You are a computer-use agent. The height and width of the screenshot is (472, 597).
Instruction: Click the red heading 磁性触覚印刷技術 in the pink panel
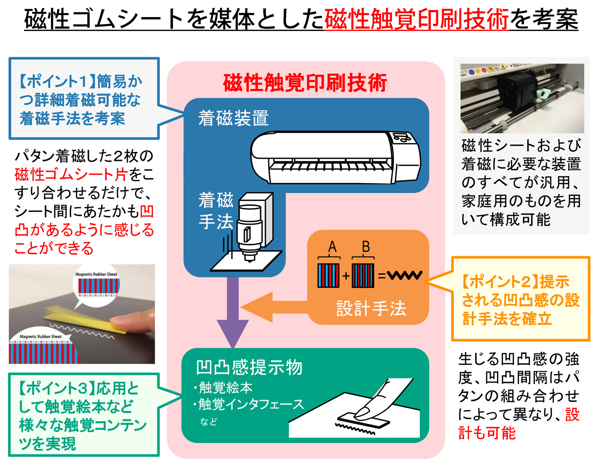[305, 83]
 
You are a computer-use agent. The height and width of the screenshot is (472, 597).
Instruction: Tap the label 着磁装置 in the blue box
[234, 119]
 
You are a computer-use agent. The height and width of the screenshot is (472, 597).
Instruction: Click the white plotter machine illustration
[335, 158]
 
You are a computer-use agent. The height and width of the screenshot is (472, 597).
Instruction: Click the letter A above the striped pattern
[332, 247]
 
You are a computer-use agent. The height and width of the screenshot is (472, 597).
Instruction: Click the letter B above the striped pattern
[365, 247]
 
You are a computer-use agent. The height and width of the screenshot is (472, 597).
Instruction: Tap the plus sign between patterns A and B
[345, 275]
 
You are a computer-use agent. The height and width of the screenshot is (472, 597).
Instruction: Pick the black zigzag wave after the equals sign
[404, 275]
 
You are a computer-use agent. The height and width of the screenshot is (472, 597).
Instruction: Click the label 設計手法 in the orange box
[371, 309]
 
